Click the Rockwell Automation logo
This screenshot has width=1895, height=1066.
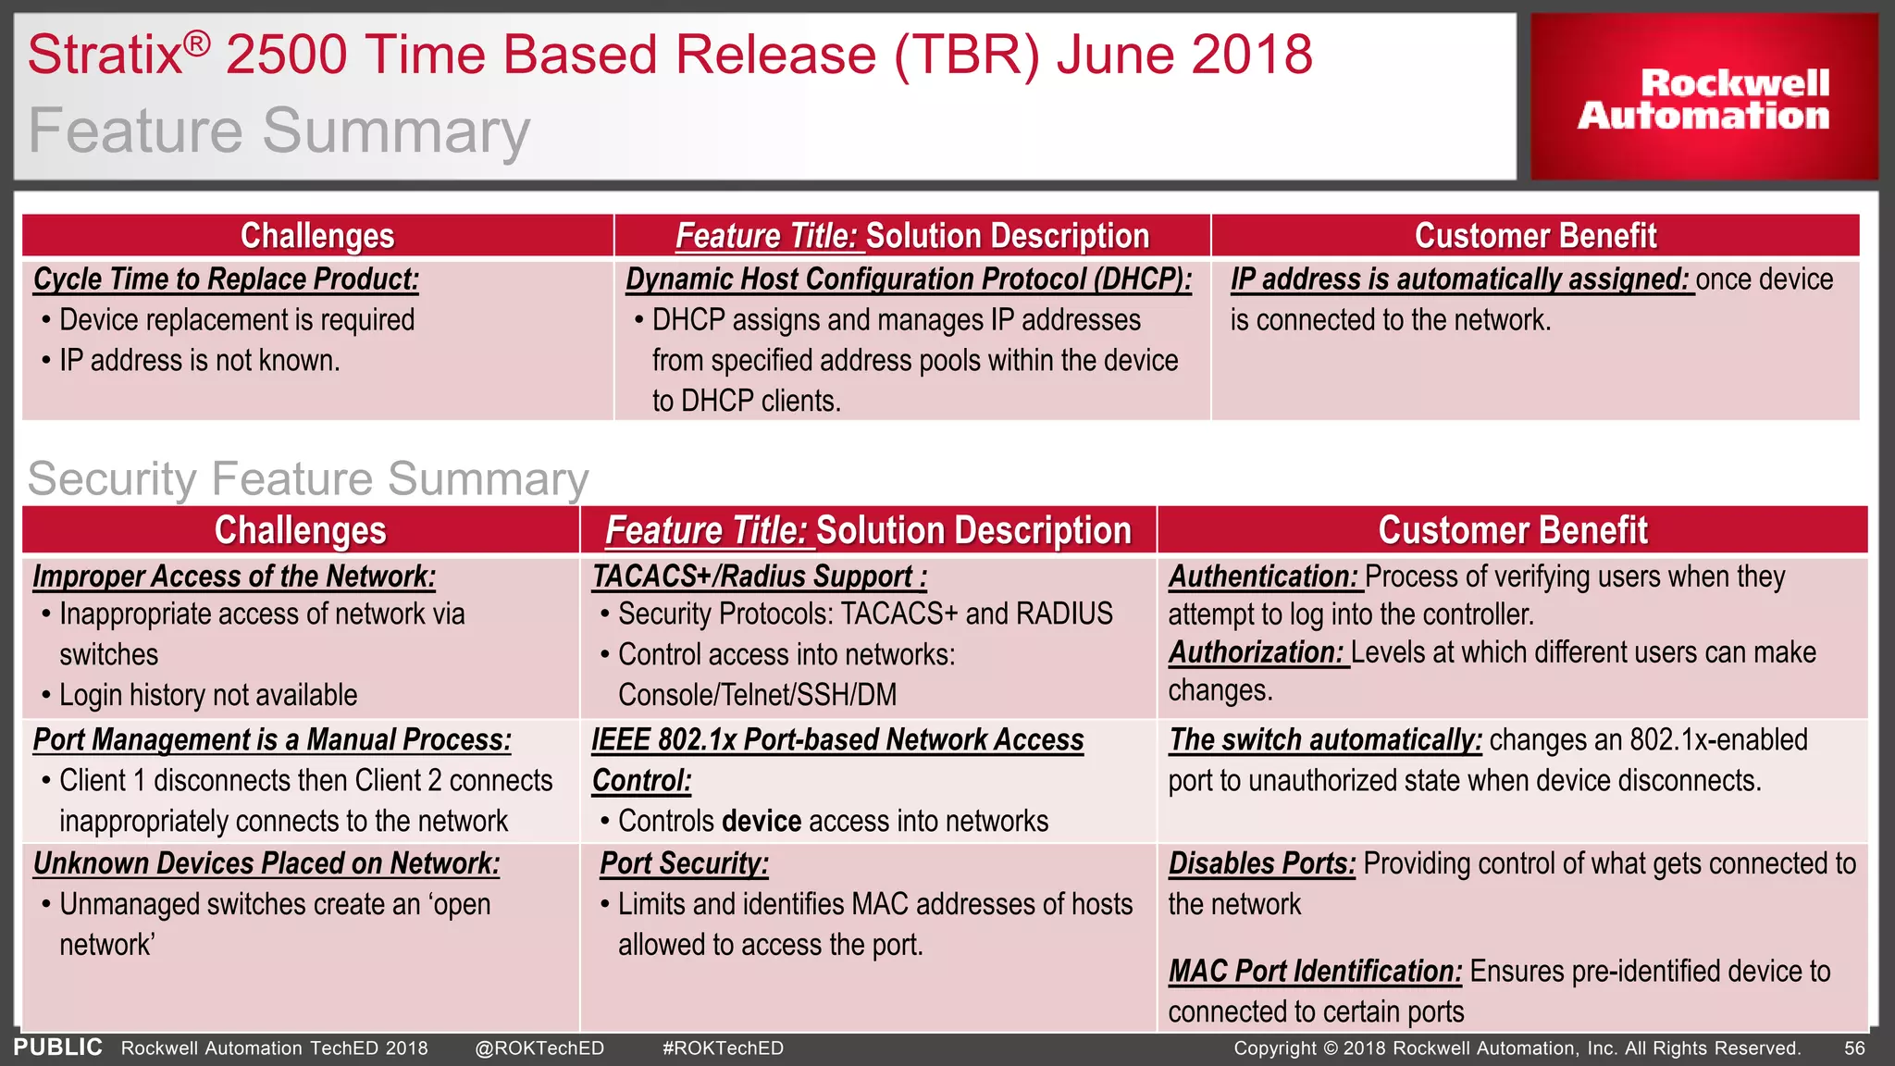pyautogui.click(x=1703, y=98)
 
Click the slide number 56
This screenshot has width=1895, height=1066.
pyautogui.click(x=1854, y=1048)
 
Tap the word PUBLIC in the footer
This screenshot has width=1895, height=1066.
pyautogui.click(x=57, y=1047)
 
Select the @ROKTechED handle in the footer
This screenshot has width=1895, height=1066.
pyautogui.click(x=539, y=1048)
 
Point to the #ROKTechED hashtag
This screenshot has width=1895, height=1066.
pyautogui.click(x=723, y=1048)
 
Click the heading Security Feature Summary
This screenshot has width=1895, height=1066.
pyautogui.click(x=308, y=479)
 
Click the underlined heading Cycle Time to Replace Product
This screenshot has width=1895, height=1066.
pyautogui.click(x=226, y=279)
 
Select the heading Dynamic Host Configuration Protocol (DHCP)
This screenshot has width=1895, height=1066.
pyautogui.click(x=909, y=279)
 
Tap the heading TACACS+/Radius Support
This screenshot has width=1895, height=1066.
pyautogui.click(x=759, y=576)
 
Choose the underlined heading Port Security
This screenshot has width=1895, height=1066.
pyautogui.click(x=684, y=863)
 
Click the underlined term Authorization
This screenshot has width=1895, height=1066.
pyautogui.click(x=1256, y=652)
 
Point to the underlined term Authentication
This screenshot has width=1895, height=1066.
pyautogui.click(x=1263, y=576)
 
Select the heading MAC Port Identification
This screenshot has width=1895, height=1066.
pyautogui.click(x=1315, y=972)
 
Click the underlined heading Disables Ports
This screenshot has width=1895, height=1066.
pyautogui.click(x=1262, y=863)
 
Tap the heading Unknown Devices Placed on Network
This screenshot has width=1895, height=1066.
pyautogui.click(x=266, y=863)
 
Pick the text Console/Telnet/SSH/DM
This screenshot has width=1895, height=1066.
pyautogui.click(x=758, y=695)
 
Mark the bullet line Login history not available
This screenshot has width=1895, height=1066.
pyautogui.click(x=208, y=695)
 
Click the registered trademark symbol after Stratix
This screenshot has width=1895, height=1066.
pyautogui.click(x=196, y=43)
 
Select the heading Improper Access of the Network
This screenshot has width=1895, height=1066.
pyautogui.click(x=234, y=576)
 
